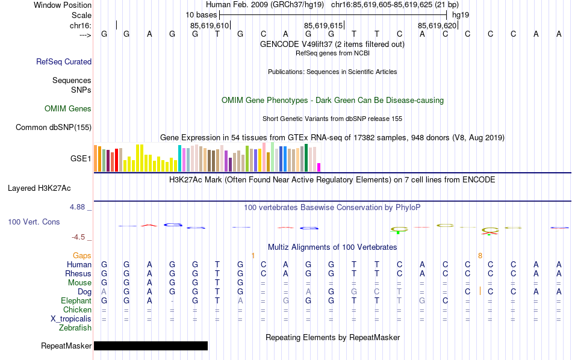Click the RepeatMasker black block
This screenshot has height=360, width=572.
click(151, 346)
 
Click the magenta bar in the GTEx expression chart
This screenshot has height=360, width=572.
click(319, 167)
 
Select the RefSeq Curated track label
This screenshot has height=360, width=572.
click(64, 61)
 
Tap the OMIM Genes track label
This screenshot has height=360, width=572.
click(68, 109)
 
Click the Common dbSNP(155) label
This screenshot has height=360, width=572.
click(54, 127)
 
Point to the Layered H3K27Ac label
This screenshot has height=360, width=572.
click(42, 188)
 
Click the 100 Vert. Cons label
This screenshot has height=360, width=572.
click(34, 222)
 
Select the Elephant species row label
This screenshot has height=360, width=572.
click(76, 300)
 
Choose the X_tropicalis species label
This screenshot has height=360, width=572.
click(72, 318)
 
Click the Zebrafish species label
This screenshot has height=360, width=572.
click(75, 327)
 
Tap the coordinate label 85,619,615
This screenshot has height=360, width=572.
click(323, 25)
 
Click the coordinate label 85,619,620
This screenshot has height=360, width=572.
click(437, 25)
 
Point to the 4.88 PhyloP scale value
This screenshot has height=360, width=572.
click(78, 206)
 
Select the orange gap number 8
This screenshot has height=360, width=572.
click(480, 255)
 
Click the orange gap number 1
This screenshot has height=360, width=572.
click(253, 255)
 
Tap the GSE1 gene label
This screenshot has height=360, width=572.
click(81, 158)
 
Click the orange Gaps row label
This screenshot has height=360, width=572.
click(82, 255)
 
